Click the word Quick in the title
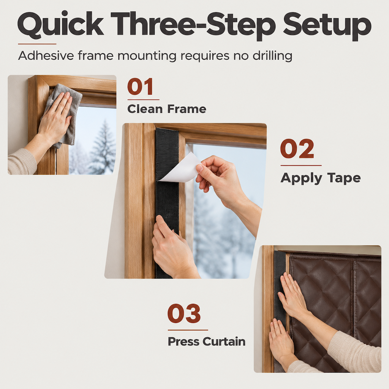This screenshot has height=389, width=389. (x=60, y=25)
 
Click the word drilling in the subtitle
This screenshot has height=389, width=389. (x=272, y=56)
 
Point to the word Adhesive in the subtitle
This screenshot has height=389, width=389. (x=46, y=55)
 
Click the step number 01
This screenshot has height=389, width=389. (x=140, y=87)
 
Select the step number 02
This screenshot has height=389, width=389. (x=297, y=149)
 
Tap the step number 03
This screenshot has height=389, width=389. (x=184, y=313)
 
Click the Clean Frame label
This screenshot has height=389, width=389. (x=167, y=109)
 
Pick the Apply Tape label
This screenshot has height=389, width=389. (x=321, y=178)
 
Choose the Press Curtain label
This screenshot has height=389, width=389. (x=207, y=342)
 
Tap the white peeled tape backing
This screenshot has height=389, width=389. (x=180, y=168)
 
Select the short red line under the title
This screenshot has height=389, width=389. (x=37, y=44)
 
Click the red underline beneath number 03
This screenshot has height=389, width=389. (x=188, y=330)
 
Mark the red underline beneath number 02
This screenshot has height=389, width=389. (x=301, y=165)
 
